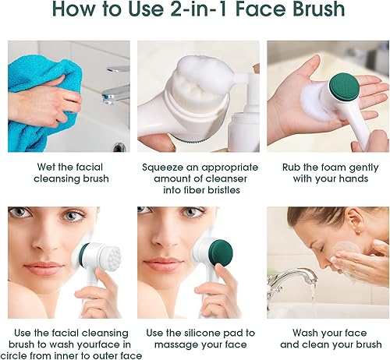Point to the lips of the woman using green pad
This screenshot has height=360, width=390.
coord(159,266)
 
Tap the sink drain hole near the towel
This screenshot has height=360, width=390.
coord(119,146)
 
